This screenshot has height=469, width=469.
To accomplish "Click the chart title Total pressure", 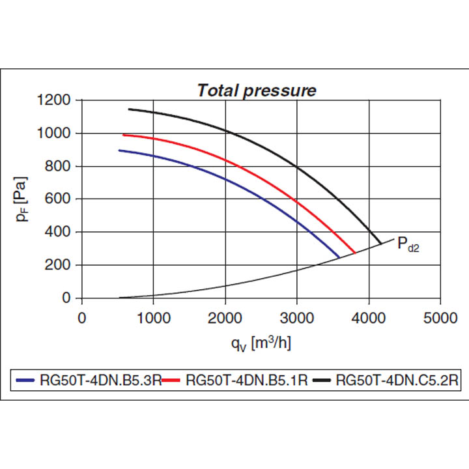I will (257, 90).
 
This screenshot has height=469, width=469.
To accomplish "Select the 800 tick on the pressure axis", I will (61, 167).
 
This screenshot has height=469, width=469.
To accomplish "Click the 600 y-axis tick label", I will (61, 199).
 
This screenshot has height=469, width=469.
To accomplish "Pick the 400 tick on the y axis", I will (61, 233).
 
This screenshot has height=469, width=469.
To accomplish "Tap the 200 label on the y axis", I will (61, 265).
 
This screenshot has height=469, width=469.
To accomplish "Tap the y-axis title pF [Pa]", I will (23, 199).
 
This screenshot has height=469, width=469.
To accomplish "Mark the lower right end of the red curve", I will (354, 252).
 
